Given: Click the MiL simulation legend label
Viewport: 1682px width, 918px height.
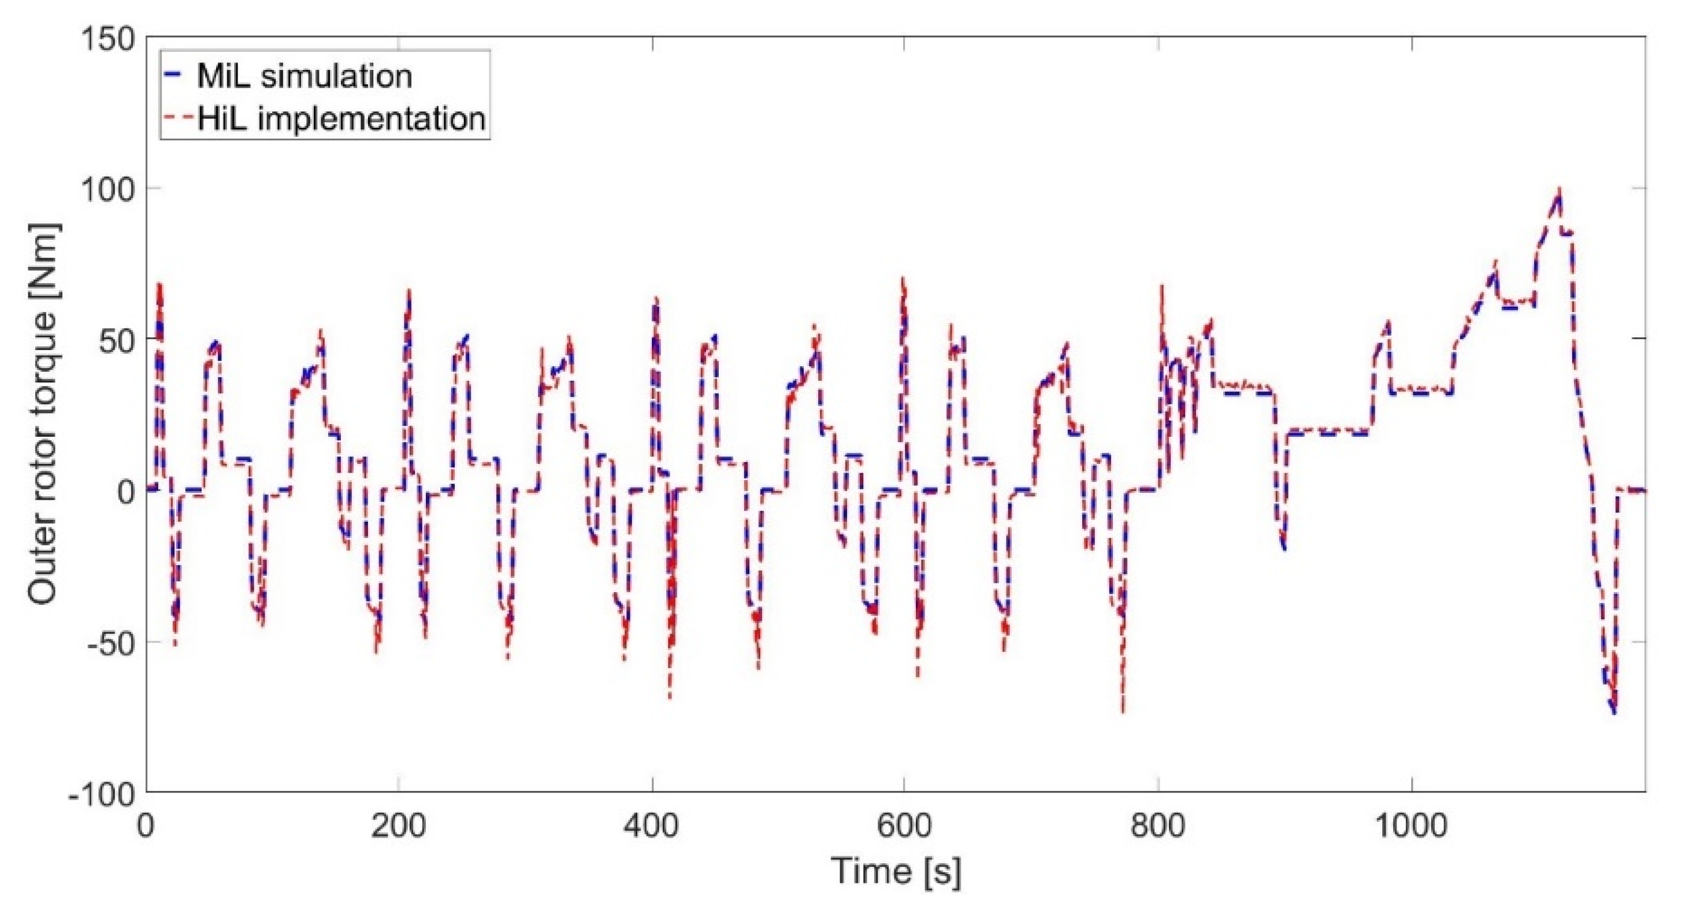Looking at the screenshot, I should [x=305, y=77].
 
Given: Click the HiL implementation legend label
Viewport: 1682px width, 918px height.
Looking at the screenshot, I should [x=341, y=119].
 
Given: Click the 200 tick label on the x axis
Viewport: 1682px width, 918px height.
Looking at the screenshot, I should [x=398, y=827].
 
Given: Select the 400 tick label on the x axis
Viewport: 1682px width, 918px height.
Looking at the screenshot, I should [x=652, y=827].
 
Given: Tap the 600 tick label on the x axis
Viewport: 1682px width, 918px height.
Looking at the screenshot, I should [x=904, y=827].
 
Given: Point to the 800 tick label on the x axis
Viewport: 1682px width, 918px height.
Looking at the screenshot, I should [x=1158, y=827].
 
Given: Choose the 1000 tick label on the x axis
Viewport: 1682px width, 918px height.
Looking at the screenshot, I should [x=1412, y=827].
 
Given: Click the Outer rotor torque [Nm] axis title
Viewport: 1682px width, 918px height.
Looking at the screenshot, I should [x=43, y=415].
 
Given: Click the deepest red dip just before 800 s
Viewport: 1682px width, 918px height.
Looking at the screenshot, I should [x=1123, y=711].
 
